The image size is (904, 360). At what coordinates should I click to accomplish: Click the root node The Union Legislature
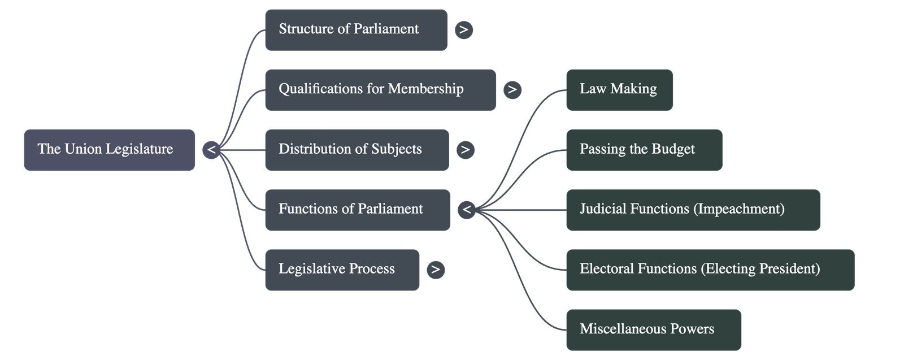(x=109, y=150)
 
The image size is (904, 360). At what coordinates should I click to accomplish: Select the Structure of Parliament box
(x=356, y=29)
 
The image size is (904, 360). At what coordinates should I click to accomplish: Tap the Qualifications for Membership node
(x=380, y=90)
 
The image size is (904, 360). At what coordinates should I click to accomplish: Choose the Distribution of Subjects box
(x=357, y=150)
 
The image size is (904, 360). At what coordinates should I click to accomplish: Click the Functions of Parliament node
(x=357, y=210)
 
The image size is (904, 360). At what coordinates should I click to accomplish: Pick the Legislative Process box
(x=342, y=270)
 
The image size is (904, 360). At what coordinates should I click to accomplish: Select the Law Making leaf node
(x=619, y=90)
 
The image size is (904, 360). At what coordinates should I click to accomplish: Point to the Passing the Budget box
(x=644, y=150)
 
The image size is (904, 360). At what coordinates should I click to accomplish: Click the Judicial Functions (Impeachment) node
(x=692, y=210)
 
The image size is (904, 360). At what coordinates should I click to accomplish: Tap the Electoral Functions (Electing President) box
(x=710, y=270)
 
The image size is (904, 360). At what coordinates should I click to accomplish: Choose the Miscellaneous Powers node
(x=653, y=329)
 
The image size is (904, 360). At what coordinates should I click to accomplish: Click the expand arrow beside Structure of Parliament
(x=463, y=29)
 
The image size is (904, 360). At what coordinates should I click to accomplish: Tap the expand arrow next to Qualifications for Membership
(x=512, y=90)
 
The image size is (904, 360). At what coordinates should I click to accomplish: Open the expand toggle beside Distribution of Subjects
(x=465, y=150)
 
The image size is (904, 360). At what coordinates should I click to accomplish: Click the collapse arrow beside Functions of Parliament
(x=466, y=210)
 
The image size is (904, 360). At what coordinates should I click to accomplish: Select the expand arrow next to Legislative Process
(x=435, y=270)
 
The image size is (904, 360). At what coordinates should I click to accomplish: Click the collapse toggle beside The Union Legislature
(x=211, y=150)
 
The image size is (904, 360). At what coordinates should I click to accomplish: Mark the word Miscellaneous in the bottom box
(x=620, y=329)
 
